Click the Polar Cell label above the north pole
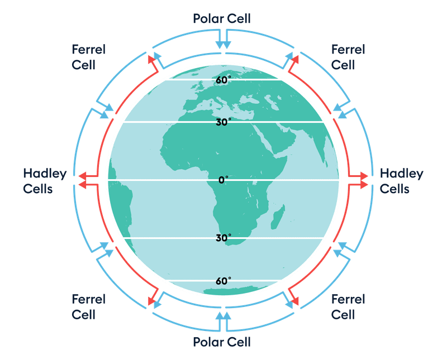tap(222, 18)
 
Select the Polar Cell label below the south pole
tap(222, 341)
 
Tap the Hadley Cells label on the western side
tap(45, 181)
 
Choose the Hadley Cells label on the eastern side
tap(401, 181)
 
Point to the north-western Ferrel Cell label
tap(88, 57)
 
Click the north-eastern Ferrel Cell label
tap(348, 57)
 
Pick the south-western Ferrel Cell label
tap(88, 306)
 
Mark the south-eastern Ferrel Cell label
tap(348, 306)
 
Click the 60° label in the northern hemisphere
tap(223, 80)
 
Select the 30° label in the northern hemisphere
tap(223, 122)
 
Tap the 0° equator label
tap(223, 180)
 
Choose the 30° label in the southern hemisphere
tap(223, 238)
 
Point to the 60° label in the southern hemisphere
tap(223, 280)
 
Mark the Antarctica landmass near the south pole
tap(229, 291)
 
